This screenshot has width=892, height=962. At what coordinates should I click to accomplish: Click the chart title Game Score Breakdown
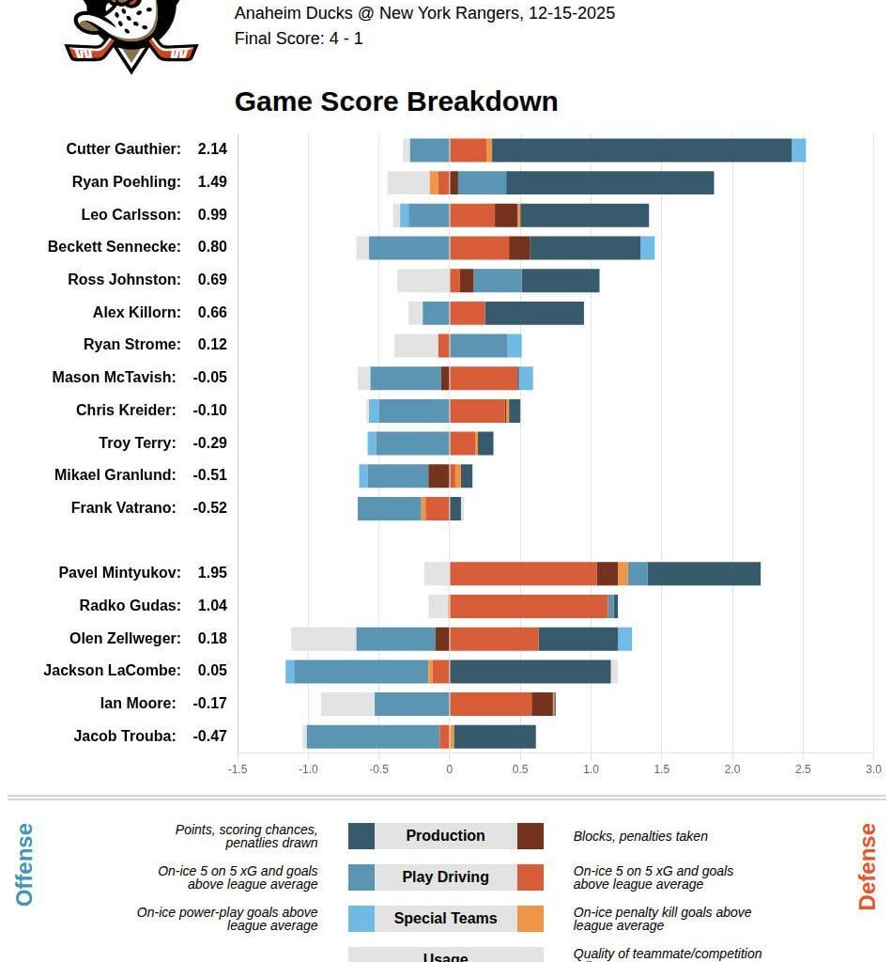(x=395, y=101)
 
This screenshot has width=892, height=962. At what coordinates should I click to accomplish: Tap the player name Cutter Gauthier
(x=123, y=149)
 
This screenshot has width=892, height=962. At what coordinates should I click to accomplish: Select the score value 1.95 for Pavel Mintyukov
(x=212, y=573)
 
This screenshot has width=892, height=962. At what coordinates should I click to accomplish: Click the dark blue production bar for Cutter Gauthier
(x=641, y=150)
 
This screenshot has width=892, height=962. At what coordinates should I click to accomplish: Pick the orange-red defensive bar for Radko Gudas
(x=529, y=606)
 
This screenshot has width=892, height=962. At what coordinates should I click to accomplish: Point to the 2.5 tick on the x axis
(x=803, y=769)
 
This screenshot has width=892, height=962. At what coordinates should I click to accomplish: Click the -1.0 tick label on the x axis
(x=307, y=769)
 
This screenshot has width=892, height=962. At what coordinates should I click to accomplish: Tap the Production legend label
(x=445, y=836)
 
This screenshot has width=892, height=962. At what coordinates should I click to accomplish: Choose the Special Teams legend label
(x=445, y=919)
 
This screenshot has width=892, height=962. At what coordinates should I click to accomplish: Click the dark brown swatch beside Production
(x=530, y=836)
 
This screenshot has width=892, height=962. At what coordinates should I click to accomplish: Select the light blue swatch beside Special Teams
(x=361, y=919)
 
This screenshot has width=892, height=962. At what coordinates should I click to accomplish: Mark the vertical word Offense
(x=24, y=864)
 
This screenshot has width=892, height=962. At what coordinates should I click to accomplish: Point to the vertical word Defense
(x=867, y=866)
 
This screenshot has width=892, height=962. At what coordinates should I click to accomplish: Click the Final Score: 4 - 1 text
(x=299, y=39)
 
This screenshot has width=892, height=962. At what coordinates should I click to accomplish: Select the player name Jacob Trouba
(x=125, y=737)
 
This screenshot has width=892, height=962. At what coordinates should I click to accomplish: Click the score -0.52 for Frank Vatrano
(x=210, y=508)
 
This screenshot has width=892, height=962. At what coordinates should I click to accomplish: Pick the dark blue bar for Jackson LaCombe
(x=530, y=671)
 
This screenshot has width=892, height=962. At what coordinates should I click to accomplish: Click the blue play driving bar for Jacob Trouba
(x=373, y=737)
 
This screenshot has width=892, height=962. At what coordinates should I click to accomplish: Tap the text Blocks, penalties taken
(x=640, y=836)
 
